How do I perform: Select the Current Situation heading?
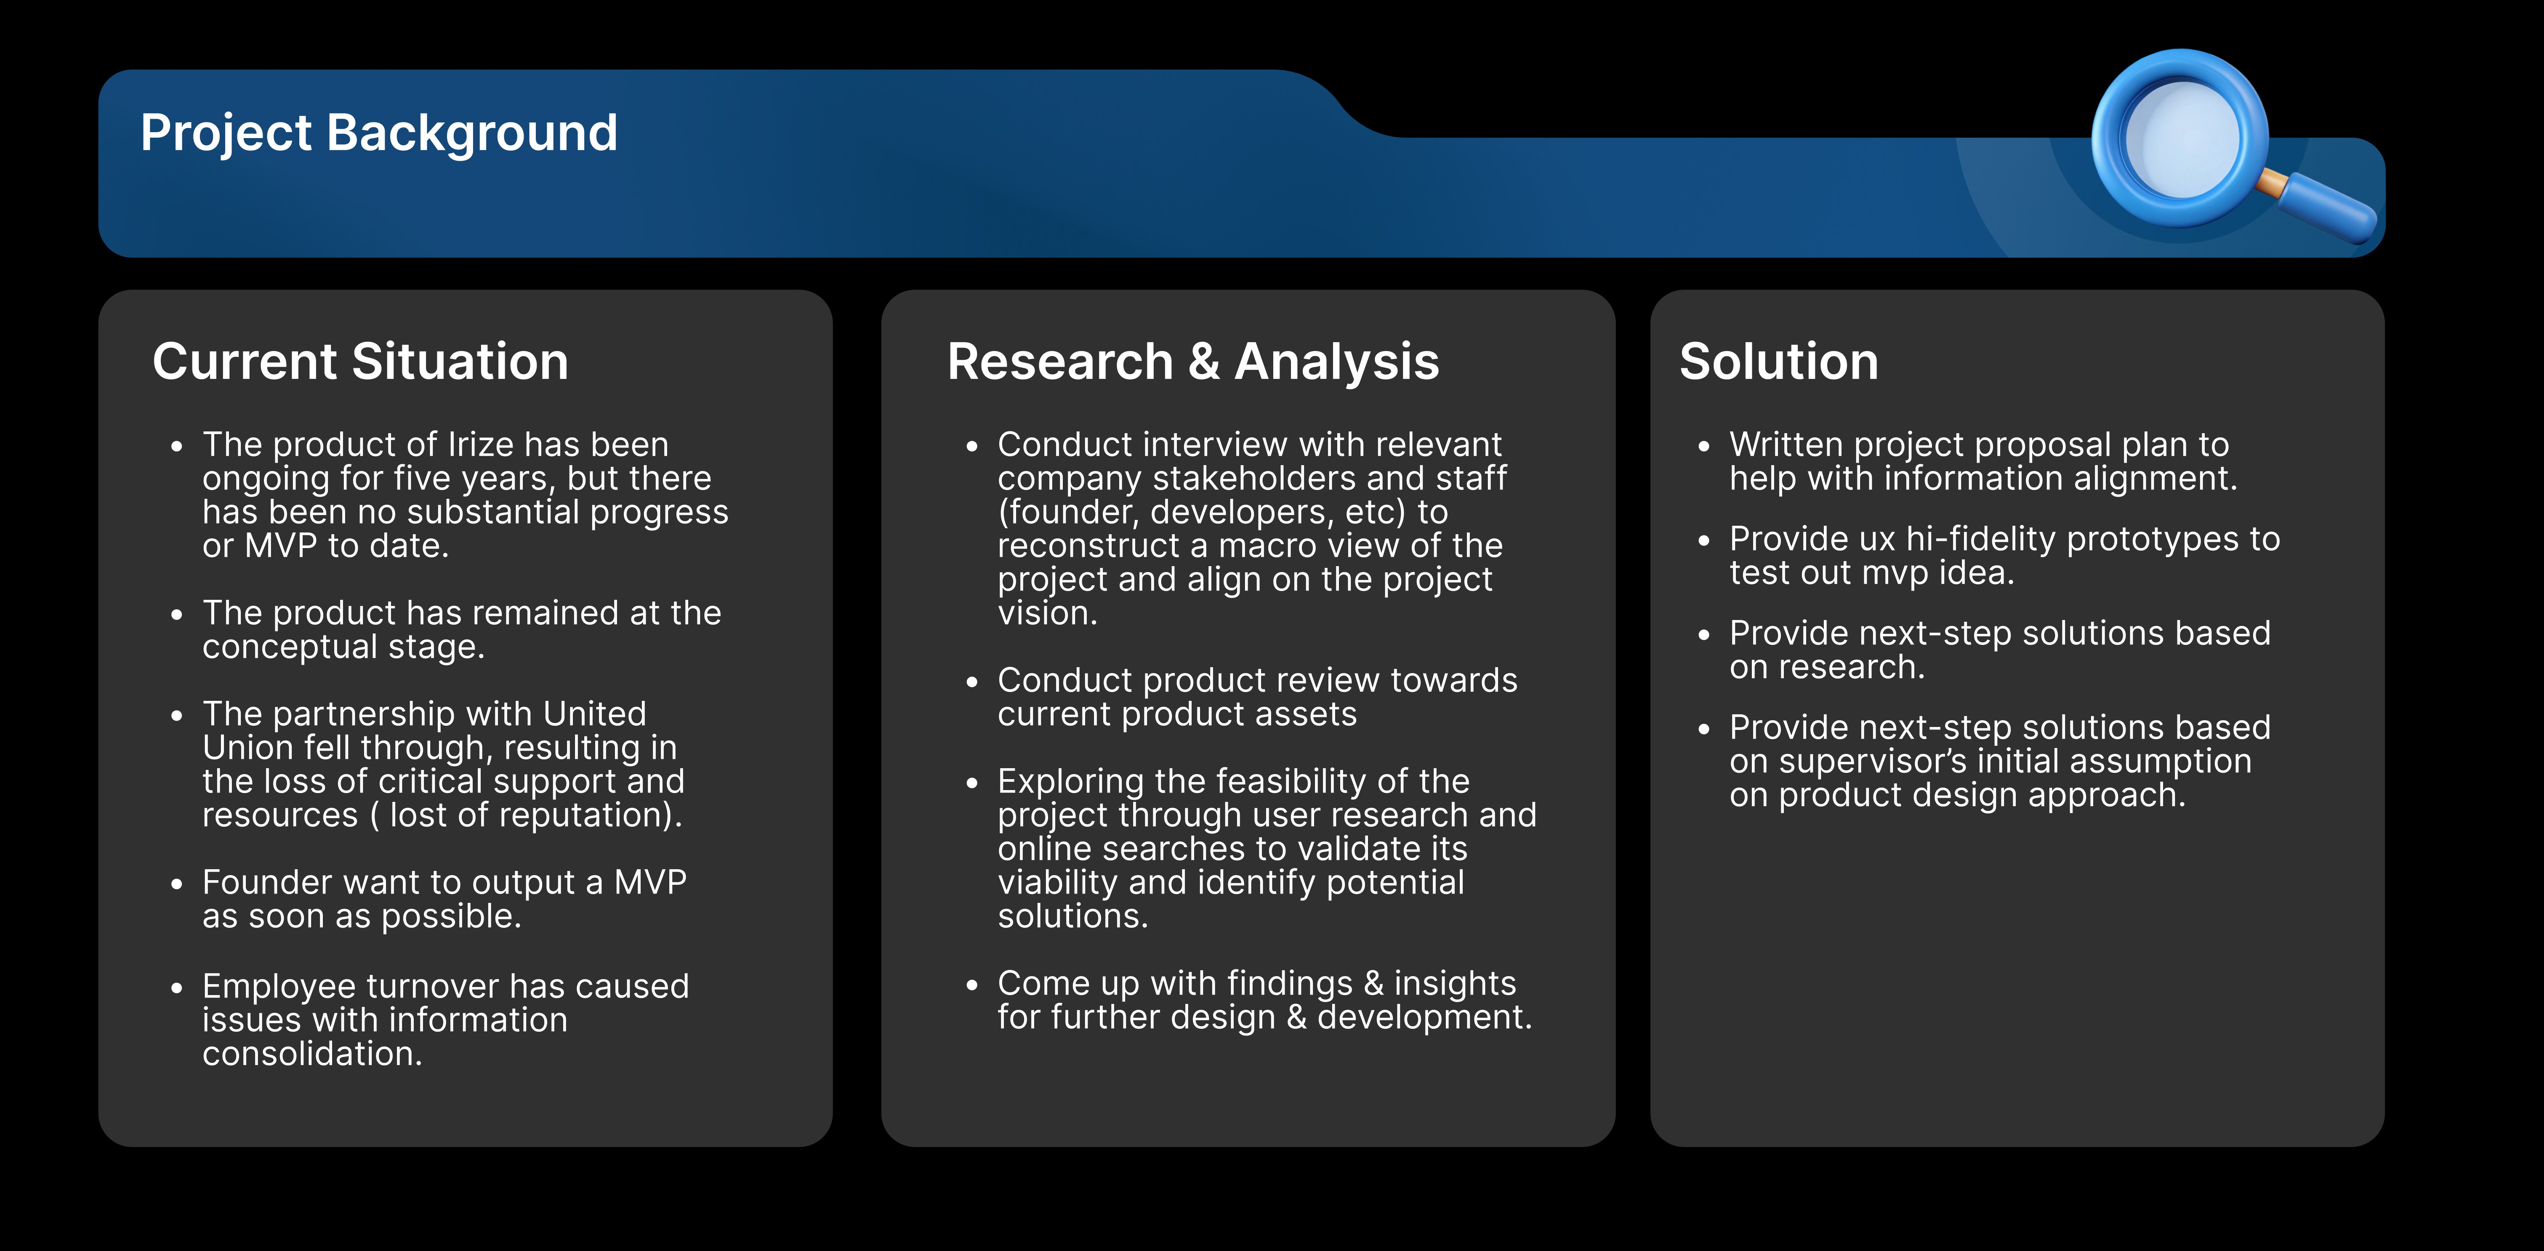pos(360,362)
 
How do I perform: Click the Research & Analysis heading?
pos(1193,362)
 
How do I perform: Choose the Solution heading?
pos(1779,362)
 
